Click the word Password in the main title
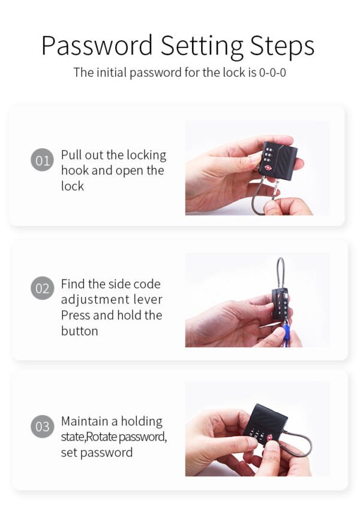[x=97, y=47]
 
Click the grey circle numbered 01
[x=42, y=161]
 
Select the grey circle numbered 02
[x=42, y=288]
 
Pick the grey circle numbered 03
[x=42, y=427]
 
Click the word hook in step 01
[x=74, y=170]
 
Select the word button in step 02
[x=79, y=330]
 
